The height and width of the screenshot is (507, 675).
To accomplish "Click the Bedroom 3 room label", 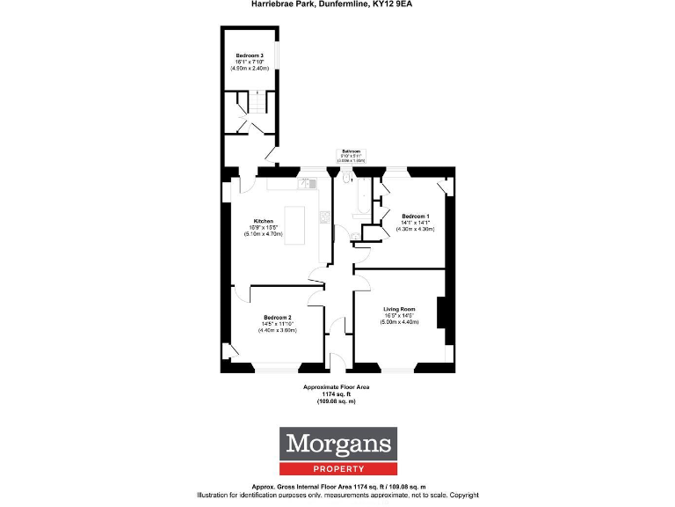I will click(250, 55).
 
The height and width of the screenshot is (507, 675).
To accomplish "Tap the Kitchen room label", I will click(264, 221).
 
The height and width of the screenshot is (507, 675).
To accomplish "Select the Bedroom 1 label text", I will click(416, 217).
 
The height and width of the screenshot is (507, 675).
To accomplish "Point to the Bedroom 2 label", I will click(278, 317).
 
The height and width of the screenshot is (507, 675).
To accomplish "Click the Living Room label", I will click(399, 309).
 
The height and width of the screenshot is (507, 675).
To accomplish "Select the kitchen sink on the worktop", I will click(308, 182).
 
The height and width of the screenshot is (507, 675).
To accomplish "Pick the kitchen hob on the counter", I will click(324, 217).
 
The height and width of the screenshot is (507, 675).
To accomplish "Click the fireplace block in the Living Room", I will click(443, 314).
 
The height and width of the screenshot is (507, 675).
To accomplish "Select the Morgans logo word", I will click(338, 444).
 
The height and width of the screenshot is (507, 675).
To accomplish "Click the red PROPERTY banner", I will click(338, 468).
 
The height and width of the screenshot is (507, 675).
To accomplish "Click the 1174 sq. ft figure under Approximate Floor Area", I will click(337, 393).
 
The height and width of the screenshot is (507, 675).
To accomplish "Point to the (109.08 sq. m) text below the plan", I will click(337, 400).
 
